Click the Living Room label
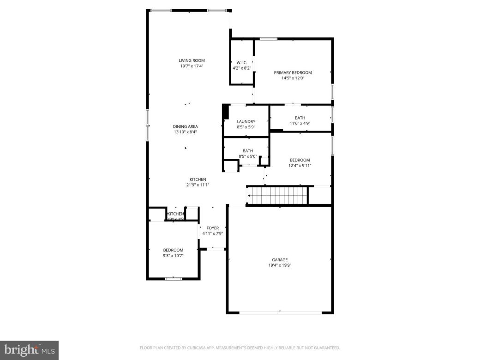(192, 60)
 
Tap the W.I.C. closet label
(242, 62)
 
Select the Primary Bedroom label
(293, 72)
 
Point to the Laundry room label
(246, 121)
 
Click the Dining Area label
(185, 126)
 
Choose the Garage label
(280, 260)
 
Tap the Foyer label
(212, 228)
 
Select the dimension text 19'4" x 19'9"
(280, 265)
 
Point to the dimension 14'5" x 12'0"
(293, 78)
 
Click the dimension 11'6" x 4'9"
(300, 123)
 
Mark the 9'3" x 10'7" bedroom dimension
(173, 255)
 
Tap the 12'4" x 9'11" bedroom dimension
(300, 166)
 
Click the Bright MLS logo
(29, 350)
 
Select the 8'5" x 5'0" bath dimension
(248, 156)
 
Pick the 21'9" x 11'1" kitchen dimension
(198, 185)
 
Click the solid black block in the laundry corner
(226, 112)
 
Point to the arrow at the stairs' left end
(249, 196)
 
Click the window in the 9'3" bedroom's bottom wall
(174, 278)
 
